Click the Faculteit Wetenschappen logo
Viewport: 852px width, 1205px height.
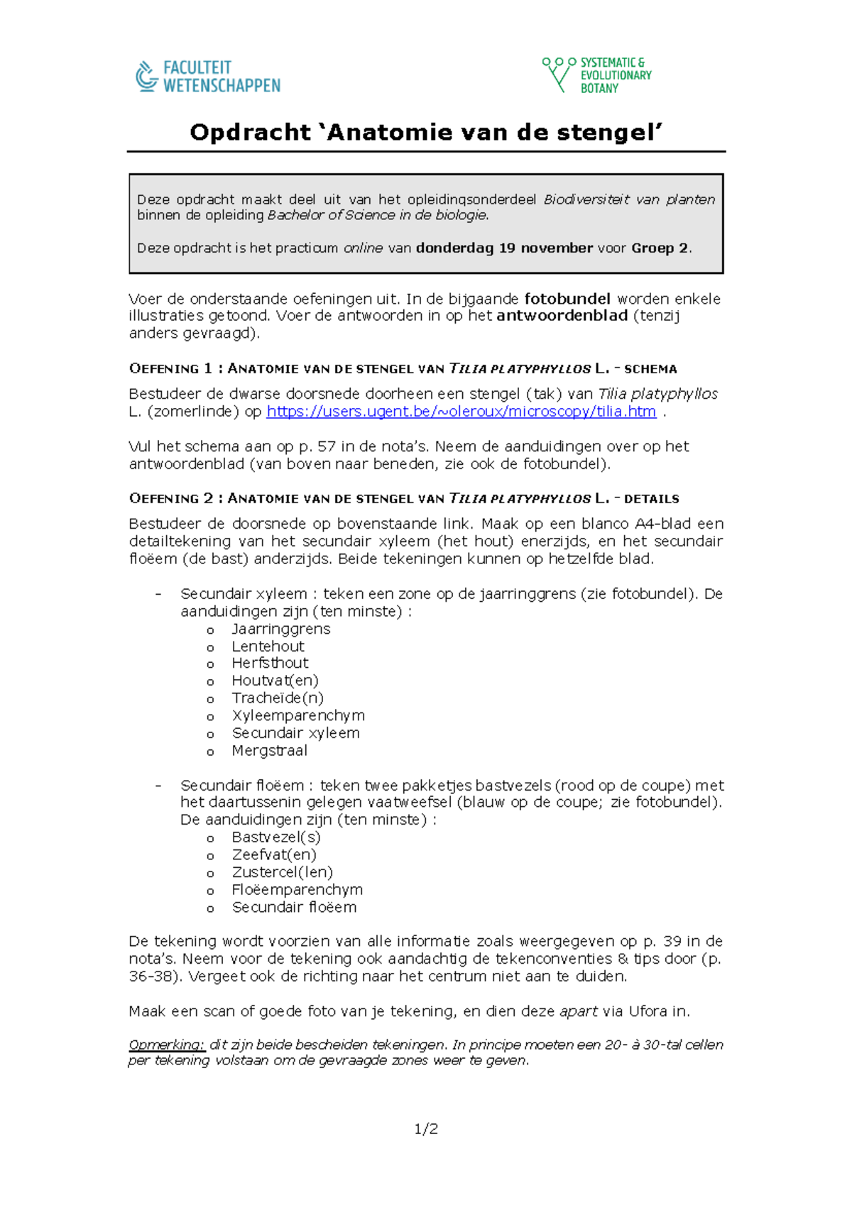pyautogui.click(x=208, y=77)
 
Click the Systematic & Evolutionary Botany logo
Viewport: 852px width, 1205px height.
pyautogui.click(x=596, y=75)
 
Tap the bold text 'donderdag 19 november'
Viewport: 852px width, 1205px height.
pyautogui.click(x=504, y=248)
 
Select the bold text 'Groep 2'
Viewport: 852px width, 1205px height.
pyautogui.click(x=660, y=248)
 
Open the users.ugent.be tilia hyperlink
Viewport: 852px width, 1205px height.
pyautogui.click(x=461, y=412)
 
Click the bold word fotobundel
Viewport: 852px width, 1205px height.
pyautogui.click(x=567, y=299)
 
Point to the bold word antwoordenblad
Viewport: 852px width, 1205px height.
pyautogui.click(x=562, y=316)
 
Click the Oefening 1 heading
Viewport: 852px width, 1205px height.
pyautogui.click(x=403, y=368)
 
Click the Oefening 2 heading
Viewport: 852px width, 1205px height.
pyautogui.click(x=403, y=498)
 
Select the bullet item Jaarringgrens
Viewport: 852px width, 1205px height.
pyautogui.click(x=280, y=629)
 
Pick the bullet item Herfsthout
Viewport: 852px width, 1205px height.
pyautogui.click(x=270, y=663)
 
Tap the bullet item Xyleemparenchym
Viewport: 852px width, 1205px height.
pyautogui.click(x=298, y=715)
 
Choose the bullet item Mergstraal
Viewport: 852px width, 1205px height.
pyautogui.click(x=269, y=750)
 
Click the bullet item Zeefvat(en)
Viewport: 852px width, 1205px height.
pyautogui.click(x=274, y=854)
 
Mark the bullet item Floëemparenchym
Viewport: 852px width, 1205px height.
pyautogui.click(x=297, y=889)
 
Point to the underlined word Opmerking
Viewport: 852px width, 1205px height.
pyautogui.click(x=167, y=1045)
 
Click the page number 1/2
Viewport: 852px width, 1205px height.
pyautogui.click(x=426, y=1129)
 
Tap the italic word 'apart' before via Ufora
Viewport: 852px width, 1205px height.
pyautogui.click(x=578, y=1011)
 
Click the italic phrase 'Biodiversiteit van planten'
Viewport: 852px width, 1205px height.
pyautogui.click(x=629, y=199)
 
